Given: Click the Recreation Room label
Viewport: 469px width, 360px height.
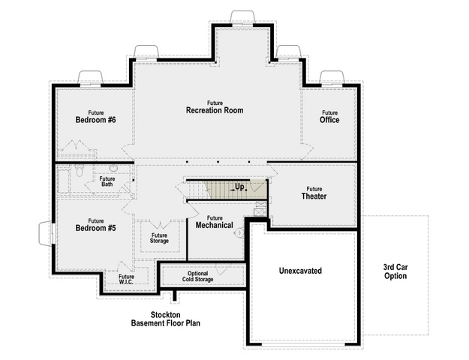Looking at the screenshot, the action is (x=215, y=108).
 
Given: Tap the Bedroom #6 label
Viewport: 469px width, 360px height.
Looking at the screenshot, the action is (x=95, y=117).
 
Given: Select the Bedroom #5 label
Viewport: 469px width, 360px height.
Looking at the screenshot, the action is (x=95, y=225).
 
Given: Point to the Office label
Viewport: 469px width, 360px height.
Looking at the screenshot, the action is (x=329, y=117).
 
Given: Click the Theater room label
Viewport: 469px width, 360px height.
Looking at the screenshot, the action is (x=314, y=193).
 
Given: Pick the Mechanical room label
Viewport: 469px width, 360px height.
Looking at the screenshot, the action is (x=215, y=222).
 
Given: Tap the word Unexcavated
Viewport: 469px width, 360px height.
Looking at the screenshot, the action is (x=300, y=271).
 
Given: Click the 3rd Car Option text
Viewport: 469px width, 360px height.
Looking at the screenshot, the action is (x=395, y=271).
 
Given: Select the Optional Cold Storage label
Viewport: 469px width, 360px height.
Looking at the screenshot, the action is (x=197, y=276).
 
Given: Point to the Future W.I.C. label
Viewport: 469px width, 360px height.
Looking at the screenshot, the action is (x=126, y=279).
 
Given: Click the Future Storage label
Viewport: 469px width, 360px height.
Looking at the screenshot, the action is (x=159, y=238).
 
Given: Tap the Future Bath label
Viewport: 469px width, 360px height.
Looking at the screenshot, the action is (x=107, y=181).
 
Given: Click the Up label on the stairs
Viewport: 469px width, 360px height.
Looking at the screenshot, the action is (x=239, y=187).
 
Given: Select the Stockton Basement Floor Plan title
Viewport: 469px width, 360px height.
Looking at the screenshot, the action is (x=165, y=319).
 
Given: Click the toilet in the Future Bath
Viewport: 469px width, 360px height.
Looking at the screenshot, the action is (x=79, y=171).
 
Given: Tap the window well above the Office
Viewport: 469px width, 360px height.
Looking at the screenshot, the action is (x=332, y=77).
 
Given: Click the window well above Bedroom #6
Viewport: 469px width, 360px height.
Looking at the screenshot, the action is (x=90, y=77).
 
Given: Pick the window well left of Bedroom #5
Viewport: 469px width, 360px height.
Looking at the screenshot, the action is (x=46, y=233).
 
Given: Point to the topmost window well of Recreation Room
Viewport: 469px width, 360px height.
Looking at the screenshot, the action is (x=242, y=17).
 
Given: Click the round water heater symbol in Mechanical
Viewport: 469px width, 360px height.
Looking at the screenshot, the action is (x=239, y=232).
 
